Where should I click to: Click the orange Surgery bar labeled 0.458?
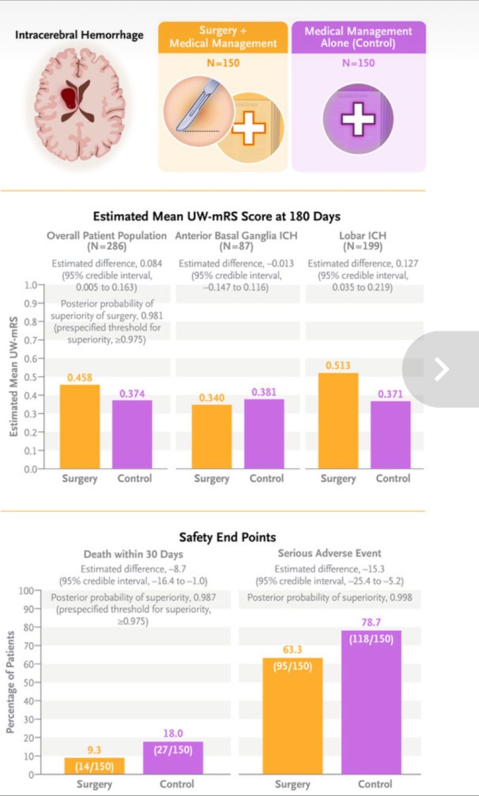(80, 426)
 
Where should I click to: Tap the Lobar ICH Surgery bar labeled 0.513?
(338, 420)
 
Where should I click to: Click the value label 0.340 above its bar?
(211, 398)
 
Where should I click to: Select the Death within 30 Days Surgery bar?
(95, 766)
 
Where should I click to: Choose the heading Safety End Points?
(228, 537)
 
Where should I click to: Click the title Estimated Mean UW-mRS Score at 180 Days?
(216, 216)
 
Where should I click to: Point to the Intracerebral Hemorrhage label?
(79, 35)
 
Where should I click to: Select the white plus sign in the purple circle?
(358, 120)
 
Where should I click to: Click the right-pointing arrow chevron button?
(441, 370)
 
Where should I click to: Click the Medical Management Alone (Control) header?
(358, 37)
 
